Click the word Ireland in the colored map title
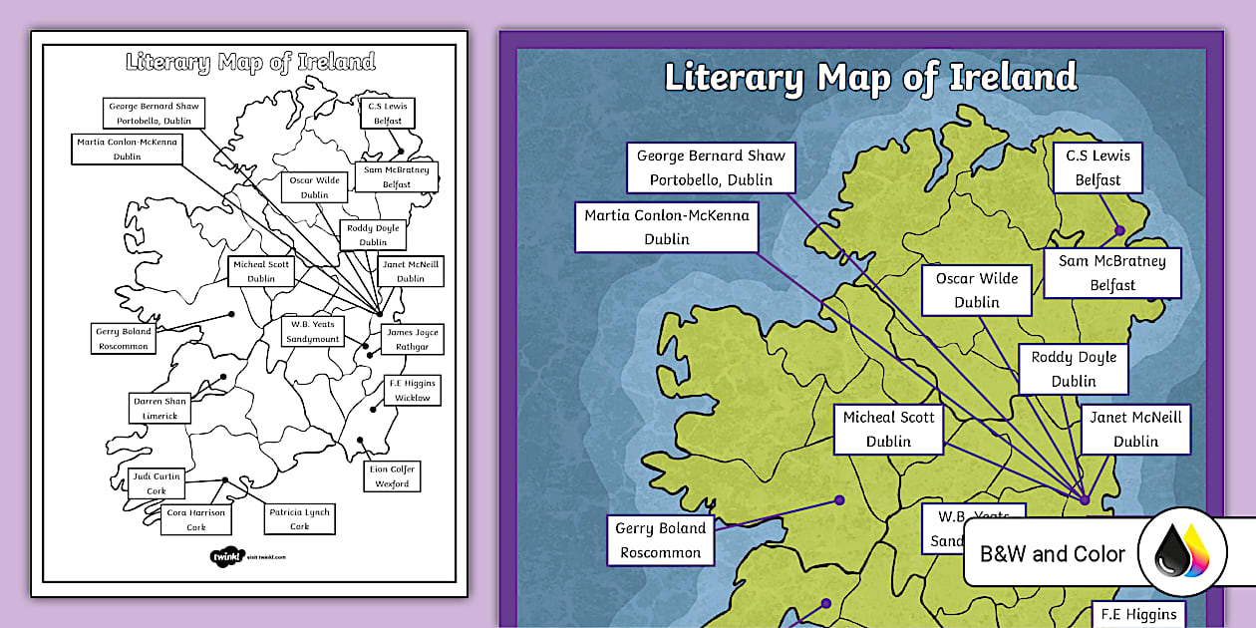tap(1013, 77)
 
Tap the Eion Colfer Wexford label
tap(392, 475)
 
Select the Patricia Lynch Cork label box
tap(299, 519)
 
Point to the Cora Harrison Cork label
tap(196, 519)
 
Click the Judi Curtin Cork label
tap(157, 483)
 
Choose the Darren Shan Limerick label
tap(159, 408)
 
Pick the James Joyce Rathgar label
tap(412, 339)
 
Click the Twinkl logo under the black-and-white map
tap(227, 556)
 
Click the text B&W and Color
tap(1053, 554)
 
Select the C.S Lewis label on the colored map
tap(1098, 167)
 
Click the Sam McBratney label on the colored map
tap(1111, 272)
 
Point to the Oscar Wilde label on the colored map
tap(976, 290)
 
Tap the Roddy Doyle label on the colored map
tap(1074, 369)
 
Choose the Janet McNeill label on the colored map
tap(1135, 429)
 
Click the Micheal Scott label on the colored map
tap(888, 429)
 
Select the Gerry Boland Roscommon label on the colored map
tap(660, 540)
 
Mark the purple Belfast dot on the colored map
tap(1119, 230)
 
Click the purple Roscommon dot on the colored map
tap(839, 500)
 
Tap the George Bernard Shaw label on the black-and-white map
tap(154, 113)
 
